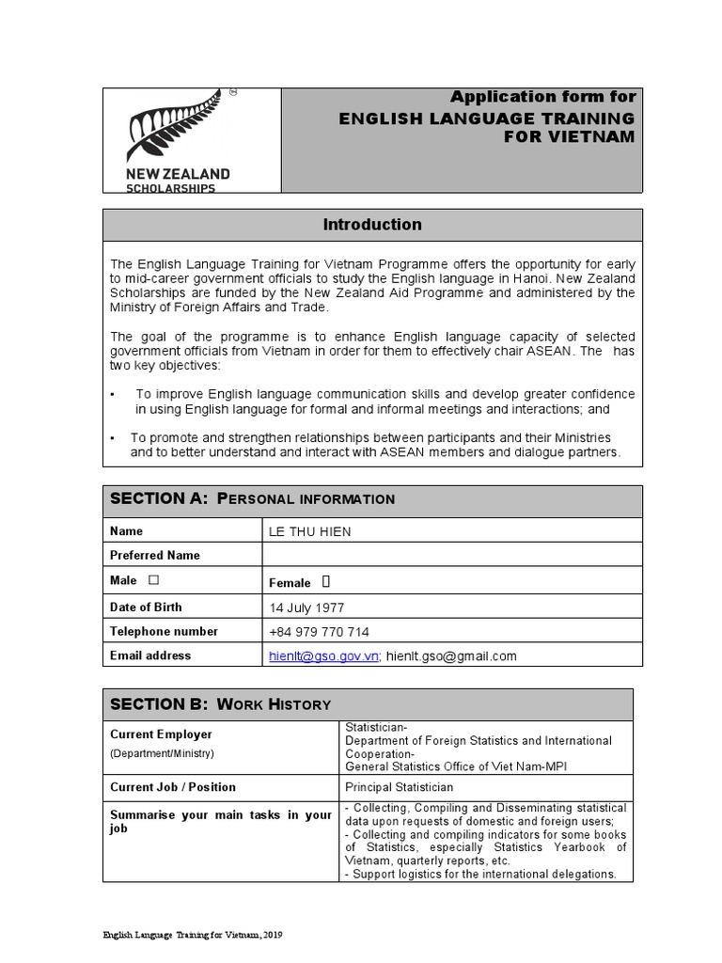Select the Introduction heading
(x=372, y=225)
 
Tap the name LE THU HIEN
(x=310, y=531)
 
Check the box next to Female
(x=326, y=582)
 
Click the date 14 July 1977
(x=306, y=608)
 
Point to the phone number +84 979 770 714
(x=319, y=632)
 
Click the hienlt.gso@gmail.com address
(x=451, y=656)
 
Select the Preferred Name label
(x=155, y=556)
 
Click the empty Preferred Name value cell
(x=451, y=556)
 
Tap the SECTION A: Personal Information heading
(x=253, y=498)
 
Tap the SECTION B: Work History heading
(x=221, y=704)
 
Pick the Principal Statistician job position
(x=400, y=787)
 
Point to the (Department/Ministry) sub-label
(x=162, y=753)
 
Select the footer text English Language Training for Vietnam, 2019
(x=193, y=936)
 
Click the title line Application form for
(x=542, y=97)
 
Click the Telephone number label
(x=164, y=631)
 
